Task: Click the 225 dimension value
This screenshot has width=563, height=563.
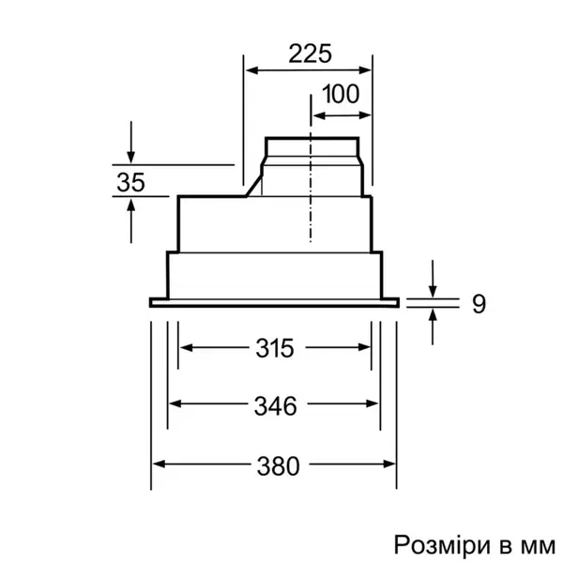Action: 310,53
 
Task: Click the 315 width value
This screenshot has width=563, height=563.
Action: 274,348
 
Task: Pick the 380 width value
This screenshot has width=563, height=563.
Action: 278,464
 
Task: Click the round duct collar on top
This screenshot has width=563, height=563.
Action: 311,147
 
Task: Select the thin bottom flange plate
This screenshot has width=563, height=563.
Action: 274,302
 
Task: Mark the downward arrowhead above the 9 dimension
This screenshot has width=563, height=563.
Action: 433,290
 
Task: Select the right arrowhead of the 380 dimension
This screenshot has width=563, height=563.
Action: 391,464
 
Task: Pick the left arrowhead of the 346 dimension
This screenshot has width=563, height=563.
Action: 175,405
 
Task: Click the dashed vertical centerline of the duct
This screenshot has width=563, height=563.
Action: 311,197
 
